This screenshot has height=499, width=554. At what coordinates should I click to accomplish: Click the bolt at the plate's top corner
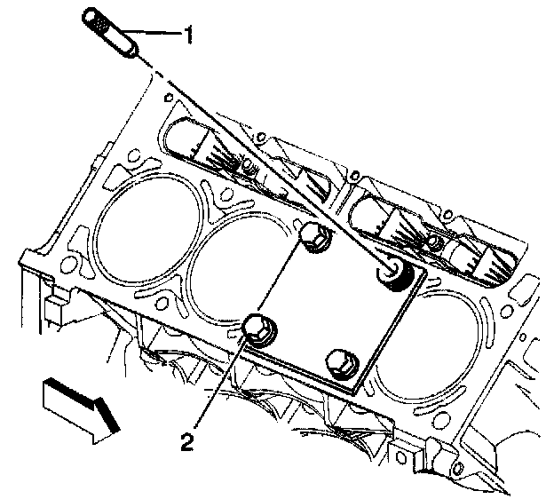coord(313,237)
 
